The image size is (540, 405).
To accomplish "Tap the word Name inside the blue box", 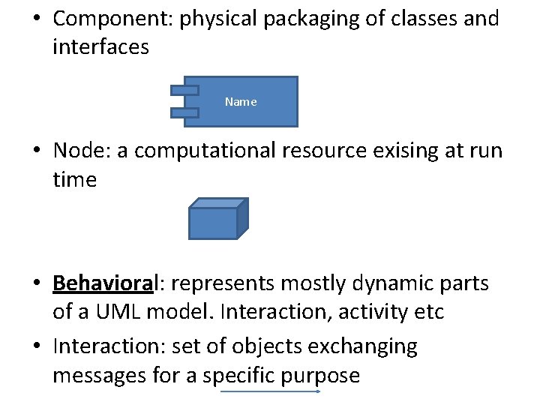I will click(240, 102).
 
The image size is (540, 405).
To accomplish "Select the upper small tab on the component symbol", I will click(184, 90).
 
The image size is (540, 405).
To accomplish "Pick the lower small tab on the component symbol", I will click(184, 113).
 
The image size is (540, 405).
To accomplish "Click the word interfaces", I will click(100, 47).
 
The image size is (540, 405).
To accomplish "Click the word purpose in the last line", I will click(319, 374).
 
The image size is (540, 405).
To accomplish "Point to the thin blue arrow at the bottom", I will click(271, 391).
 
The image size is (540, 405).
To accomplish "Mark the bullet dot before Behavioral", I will click(37, 283).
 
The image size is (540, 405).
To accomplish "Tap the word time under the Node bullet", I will click(74, 180).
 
